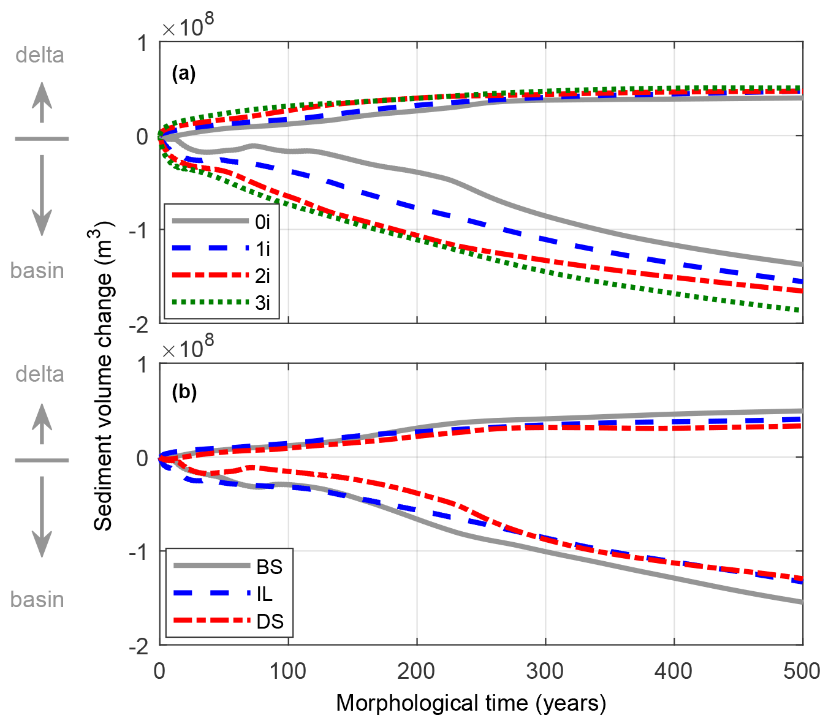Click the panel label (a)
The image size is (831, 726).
click(184, 74)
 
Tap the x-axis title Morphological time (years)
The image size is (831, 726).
click(471, 703)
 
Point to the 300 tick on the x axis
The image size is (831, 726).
click(545, 671)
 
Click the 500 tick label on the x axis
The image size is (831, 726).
click(802, 671)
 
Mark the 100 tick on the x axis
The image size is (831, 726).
click(288, 671)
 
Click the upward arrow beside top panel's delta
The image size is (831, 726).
click(42, 102)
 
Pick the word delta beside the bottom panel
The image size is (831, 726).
click(40, 374)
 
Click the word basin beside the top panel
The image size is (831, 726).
click(37, 270)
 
